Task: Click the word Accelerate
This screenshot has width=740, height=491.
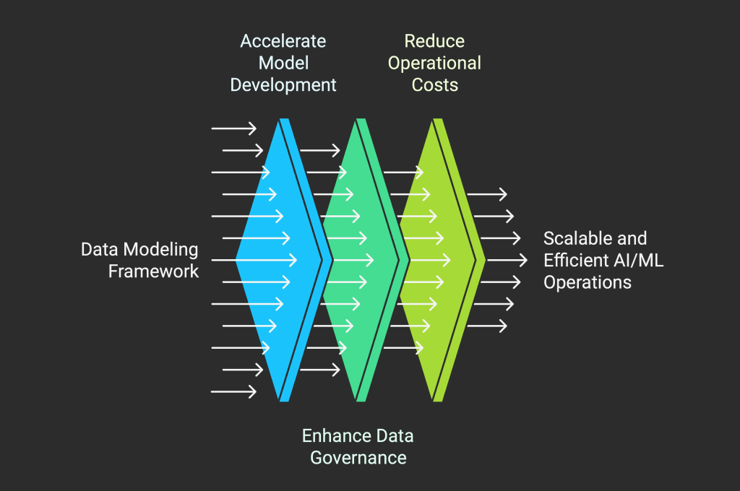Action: pyautogui.click(x=283, y=40)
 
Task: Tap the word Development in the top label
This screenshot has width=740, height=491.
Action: pyautogui.click(x=283, y=85)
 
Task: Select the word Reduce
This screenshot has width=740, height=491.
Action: pyautogui.click(x=434, y=40)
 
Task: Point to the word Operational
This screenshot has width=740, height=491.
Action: pyautogui.click(x=434, y=63)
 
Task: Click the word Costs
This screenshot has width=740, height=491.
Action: pyautogui.click(x=434, y=85)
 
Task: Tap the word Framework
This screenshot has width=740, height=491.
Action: pyautogui.click(x=153, y=272)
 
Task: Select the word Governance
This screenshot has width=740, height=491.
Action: pyautogui.click(x=358, y=458)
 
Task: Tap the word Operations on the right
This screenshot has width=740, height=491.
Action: pyautogui.click(x=588, y=282)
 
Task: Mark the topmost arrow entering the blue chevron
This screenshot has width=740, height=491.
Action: pyautogui.click(x=233, y=129)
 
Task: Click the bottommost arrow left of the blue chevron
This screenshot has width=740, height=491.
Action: pyautogui.click(x=233, y=392)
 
